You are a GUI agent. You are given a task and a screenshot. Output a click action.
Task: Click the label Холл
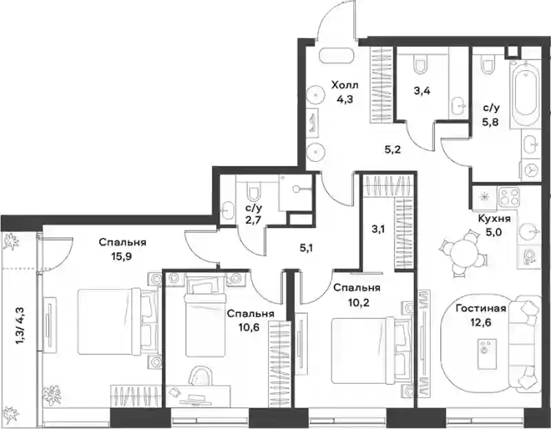click(345, 85)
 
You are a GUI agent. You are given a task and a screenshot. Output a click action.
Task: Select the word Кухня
click(495, 218)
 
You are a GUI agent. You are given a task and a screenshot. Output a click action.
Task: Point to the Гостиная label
click(481, 308)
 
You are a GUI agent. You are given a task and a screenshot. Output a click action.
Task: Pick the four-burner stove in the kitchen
click(509, 198)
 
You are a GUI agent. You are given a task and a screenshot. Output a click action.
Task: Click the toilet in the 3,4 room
click(419, 64)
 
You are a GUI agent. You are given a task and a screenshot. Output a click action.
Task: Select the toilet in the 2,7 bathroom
click(253, 191)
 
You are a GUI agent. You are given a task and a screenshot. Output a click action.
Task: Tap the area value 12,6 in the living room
click(481, 322)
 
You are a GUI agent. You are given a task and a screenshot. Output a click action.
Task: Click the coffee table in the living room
click(487, 354)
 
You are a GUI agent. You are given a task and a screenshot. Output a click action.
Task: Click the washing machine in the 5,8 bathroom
click(530, 170)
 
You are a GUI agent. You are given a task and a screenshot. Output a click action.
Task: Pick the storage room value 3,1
click(378, 229)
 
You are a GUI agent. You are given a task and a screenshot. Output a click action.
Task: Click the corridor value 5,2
click(392, 150)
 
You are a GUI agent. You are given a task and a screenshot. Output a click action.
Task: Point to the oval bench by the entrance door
click(336, 56)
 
